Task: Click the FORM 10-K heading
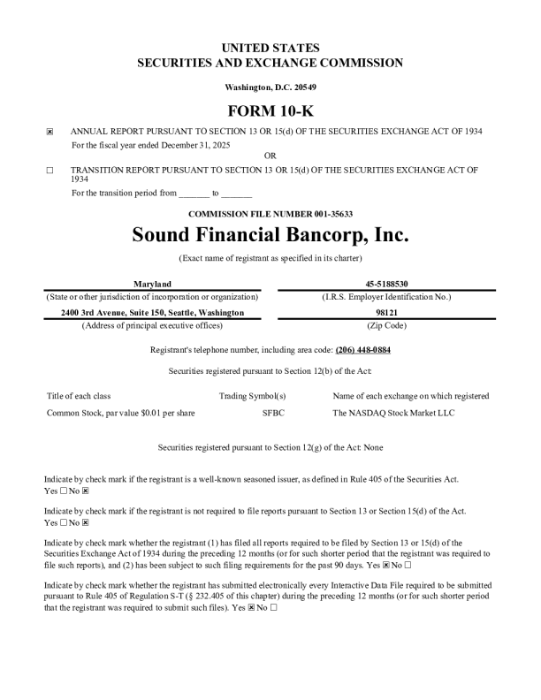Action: [x=270, y=110]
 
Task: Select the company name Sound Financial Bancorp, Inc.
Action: [x=270, y=235]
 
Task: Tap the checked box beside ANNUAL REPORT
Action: [x=50, y=132]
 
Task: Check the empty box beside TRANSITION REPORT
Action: [x=50, y=170]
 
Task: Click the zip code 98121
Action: [x=388, y=312]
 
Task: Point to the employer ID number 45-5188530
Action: [x=388, y=284]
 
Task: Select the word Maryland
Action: [x=152, y=284]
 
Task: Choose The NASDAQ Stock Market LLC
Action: [x=393, y=413]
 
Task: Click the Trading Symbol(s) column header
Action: [x=252, y=395]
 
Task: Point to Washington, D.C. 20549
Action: [x=270, y=87]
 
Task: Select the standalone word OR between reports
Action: [x=270, y=156]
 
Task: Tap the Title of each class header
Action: [x=79, y=395]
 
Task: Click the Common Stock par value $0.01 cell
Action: [x=121, y=413]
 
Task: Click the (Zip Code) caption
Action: [x=388, y=324]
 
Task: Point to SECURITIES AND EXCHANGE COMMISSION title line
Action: [x=270, y=63]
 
